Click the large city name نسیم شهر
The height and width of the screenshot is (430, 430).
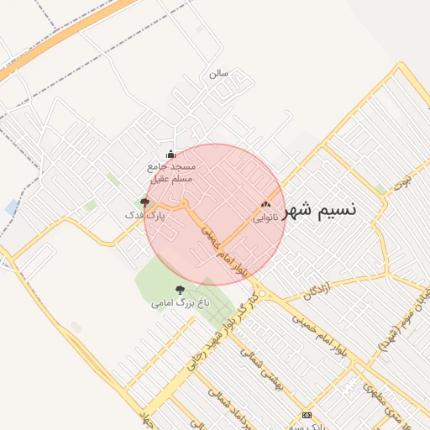[x=320, y=210]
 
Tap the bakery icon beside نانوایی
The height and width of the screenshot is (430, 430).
[x=266, y=204]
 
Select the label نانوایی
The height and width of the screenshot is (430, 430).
[x=258, y=217]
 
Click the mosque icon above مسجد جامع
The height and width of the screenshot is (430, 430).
[x=171, y=154]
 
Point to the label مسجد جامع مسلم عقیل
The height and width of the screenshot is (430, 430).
[x=171, y=173]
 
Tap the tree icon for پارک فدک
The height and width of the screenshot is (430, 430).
[x=144, y=202]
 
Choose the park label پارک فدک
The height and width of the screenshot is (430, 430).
[x=144, y=216]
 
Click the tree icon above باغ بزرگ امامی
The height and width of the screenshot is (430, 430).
[x=180, y=289]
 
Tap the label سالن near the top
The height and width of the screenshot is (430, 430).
[x=218, y=73]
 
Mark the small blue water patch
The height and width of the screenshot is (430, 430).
[x=12, y=207]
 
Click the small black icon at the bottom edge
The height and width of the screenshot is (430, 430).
[x=307, y=415]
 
